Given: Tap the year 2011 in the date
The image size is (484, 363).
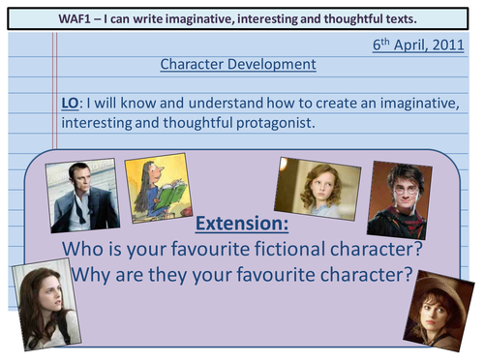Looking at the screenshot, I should [x=450, y=45].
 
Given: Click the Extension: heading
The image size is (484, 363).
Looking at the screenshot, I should [x=243, y=225].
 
